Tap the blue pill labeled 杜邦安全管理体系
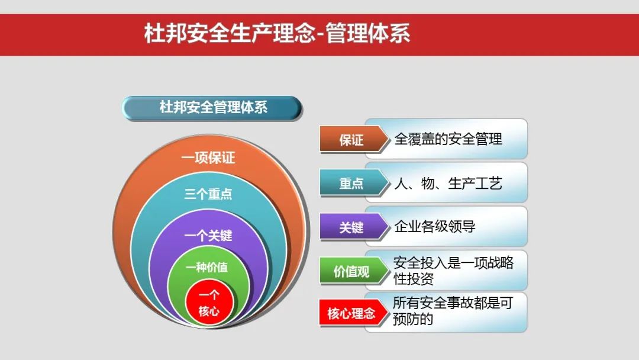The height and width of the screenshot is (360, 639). click(213, 108)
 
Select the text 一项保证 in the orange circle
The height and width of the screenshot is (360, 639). click(208, 158)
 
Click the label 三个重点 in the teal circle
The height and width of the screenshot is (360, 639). click(208, 195)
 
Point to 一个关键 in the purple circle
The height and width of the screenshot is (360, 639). click(208, 236)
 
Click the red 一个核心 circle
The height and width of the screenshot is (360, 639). click(208, 303)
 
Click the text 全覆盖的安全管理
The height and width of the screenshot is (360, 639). click(448, 139)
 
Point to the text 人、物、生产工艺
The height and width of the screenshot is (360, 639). click(448, 183)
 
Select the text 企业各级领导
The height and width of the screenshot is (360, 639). click(435, 226)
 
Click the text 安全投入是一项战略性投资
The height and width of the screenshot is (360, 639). click(453, 270)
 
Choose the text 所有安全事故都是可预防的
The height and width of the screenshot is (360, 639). click(452, 311)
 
